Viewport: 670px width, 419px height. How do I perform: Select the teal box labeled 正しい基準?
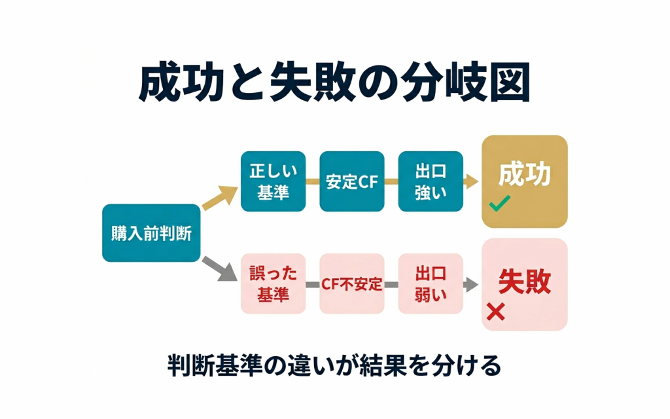click(273, 181)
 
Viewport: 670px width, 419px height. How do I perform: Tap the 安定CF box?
click(352, 181)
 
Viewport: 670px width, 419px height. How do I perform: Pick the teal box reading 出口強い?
click(431, 181)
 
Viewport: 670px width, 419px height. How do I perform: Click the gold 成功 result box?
click(525, 181)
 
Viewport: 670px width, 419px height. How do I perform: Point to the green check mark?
click(499, 205)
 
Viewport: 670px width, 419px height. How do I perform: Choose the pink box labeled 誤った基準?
click(273, 283)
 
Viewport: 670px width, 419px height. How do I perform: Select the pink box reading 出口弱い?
click(431, 283)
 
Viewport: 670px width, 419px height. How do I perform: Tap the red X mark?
click(496, 312)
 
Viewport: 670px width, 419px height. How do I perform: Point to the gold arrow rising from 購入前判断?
click(218, 197)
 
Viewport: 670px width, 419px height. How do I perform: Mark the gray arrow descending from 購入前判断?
click(218, 268)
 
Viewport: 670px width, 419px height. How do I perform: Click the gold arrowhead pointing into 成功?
click(472, 182)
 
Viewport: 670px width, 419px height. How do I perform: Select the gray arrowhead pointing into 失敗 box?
click(470, 284)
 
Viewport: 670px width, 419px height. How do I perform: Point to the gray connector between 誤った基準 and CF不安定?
click(313, 284)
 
